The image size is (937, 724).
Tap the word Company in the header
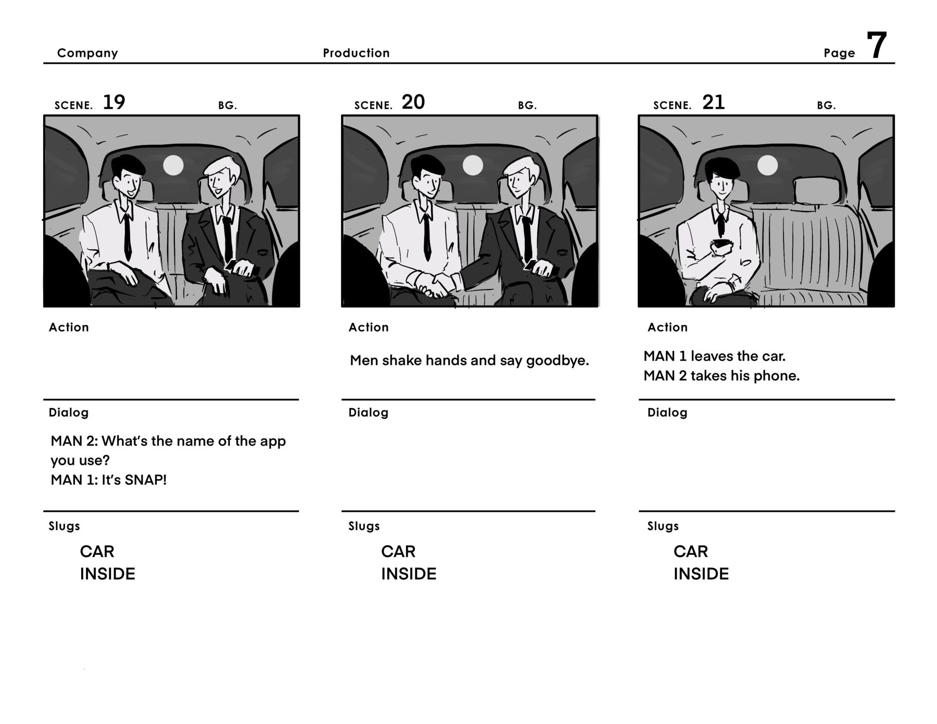coord(87,53)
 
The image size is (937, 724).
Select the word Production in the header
coord(356,53)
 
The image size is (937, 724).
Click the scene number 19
coord(114,102)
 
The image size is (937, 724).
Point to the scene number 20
coord(413,102)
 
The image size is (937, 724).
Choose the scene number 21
coord(713,102)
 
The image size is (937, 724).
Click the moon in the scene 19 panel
coord(173,166)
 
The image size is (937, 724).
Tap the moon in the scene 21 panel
coord(767,166)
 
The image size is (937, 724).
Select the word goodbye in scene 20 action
coord(557,361)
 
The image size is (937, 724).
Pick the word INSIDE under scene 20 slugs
coord(409,574)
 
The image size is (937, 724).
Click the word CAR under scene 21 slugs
coord(690,551)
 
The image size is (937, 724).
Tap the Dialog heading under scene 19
coord(69,413)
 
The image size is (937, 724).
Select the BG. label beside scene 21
coord(826,105)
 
